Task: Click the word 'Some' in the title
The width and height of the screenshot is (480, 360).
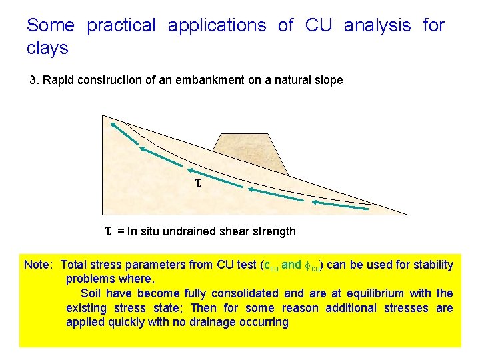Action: [51, 26]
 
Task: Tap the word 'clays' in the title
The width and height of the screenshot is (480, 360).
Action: [47, 49]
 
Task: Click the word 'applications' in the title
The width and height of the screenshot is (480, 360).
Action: [217, 26]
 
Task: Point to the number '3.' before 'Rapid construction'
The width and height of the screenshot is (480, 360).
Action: [35, 81]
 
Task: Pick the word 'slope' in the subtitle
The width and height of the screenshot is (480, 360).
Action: [327, 81]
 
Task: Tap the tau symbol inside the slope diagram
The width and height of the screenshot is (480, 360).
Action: [197, 181]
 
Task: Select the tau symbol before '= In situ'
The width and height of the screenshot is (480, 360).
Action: [109, 231]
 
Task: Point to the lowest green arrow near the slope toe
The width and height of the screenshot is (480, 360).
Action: [339, 205]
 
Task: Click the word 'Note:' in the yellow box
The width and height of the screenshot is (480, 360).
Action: [39, 265]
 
